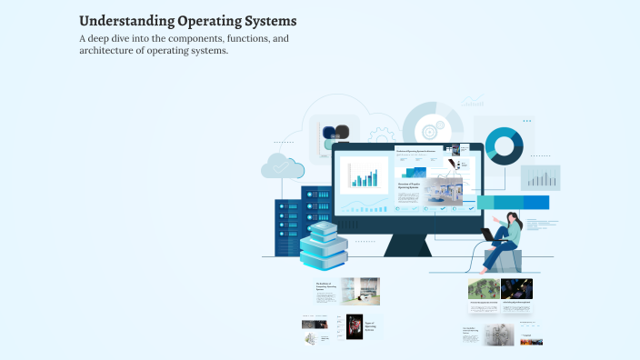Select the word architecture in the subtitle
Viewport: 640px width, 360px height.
[x=110, y=51]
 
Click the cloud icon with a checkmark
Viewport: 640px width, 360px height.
[x=283, y=166]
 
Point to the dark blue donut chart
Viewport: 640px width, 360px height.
[x=504, y=146]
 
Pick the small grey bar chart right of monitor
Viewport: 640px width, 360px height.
[x=540, y=178]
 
